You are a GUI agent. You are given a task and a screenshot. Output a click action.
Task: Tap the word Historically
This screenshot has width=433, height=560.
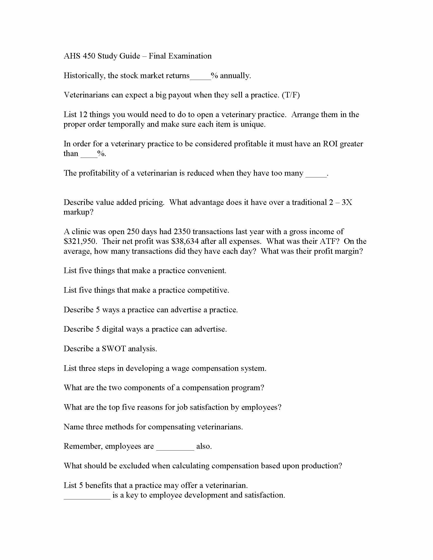pos(84,76)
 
